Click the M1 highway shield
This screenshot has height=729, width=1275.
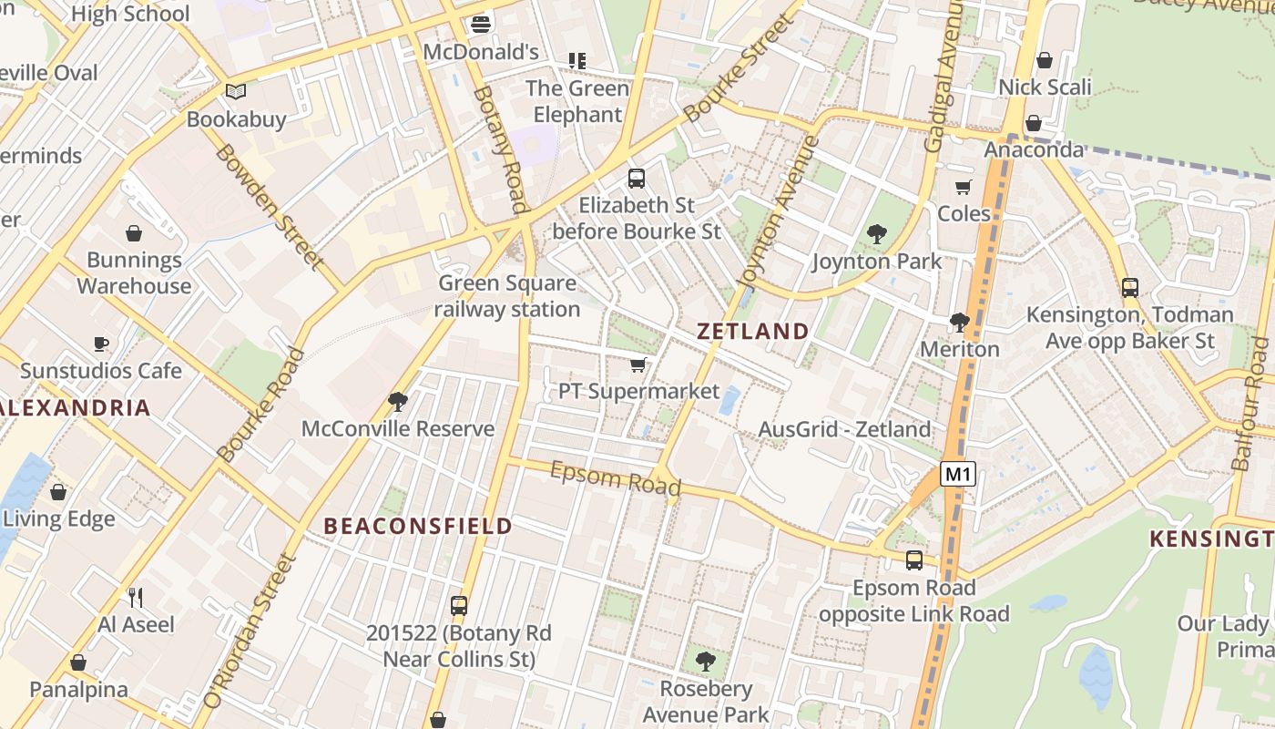pos(958,474)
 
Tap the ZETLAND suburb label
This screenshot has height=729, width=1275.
pos(752,331)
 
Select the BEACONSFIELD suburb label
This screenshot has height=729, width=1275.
pos(418,526)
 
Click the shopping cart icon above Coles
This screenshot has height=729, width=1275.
pos(964,187)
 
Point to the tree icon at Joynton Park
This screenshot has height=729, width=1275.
pos(876,234)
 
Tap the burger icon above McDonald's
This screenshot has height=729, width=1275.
pos(481,24)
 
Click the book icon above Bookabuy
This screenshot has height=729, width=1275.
pos(236,91)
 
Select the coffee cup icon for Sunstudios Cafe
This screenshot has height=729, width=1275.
pos(101,344)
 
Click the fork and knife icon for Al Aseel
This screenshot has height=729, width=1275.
pos(136,598)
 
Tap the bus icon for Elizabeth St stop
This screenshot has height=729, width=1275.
pos(637,179)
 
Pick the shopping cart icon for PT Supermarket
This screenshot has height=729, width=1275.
pos(638,365)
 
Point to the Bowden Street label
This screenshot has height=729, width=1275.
pos(270,206)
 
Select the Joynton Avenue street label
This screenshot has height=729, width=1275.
pos(777,211)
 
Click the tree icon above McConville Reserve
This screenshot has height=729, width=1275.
pos(397,401)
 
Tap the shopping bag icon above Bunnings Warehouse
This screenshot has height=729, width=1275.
pos(134,233)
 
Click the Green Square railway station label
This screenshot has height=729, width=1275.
pos(506,296)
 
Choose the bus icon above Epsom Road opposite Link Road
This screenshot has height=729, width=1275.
pos(913,560)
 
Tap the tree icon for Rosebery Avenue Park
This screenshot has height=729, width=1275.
pos(705,662)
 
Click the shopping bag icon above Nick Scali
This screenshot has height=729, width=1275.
pos(1045,60)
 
